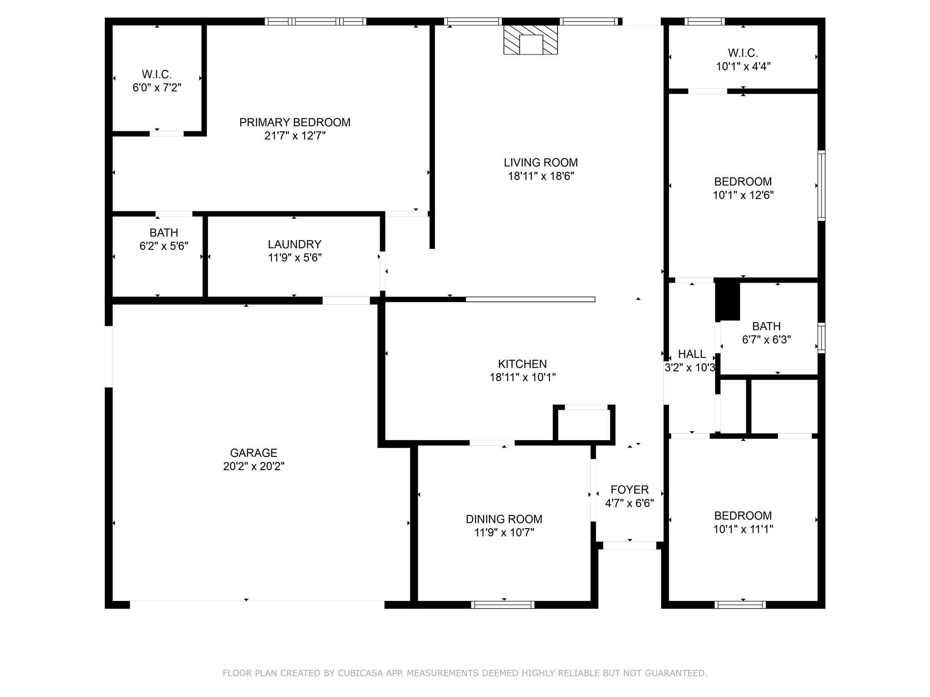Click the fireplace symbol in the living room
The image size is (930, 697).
click(530, 40)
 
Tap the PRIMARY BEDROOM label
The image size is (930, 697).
click(295, 123)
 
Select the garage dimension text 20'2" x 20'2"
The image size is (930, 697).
click(254, 466)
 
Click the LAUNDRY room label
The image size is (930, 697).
click(295, 245)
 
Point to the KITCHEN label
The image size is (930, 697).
click(522, 364)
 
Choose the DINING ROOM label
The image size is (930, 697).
click(504, 519)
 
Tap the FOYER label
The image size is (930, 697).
click(629, 490)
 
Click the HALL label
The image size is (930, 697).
click(692, 354)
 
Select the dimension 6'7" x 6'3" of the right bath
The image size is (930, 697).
click(767, 340)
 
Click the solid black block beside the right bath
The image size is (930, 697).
click(728, 301)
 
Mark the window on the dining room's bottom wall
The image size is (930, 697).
click(503, 604)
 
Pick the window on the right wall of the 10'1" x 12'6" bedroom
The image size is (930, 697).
click(821, 186)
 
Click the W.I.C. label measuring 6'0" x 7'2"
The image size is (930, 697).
click(157, 74)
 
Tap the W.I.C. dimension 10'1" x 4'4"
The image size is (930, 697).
click(743, 67)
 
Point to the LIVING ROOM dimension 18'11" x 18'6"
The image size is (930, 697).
click(541, 177)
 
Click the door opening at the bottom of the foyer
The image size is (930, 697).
click(629, 545)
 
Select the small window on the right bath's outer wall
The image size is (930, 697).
click(821, 338)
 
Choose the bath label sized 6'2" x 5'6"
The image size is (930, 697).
click(163, 233)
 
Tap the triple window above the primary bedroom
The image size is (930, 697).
click(316, 21)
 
